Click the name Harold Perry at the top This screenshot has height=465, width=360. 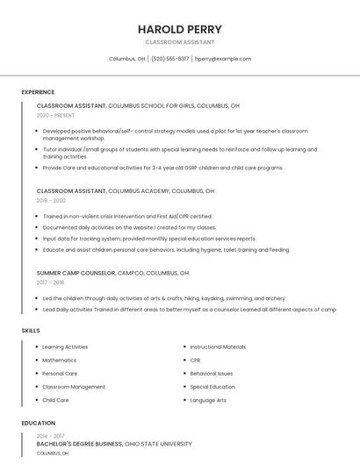tap(179, 29)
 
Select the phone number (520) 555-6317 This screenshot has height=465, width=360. tap(169, 59)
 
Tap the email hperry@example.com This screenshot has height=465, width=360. tap(223, 59)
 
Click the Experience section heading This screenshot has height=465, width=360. tap(38, 92)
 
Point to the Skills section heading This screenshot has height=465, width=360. tap(31, 330)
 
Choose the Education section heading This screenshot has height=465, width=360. tap(38, 423)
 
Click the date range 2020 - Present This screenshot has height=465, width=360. tap(55, 115)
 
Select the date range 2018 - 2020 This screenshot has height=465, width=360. tap(51, 200)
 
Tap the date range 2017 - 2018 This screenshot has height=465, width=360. tap(50, 283)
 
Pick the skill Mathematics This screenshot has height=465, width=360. tap(59, 360)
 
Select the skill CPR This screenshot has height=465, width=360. tap(195, 360)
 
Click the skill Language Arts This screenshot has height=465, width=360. tap(208, 400)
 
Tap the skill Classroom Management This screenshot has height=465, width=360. tap(74, 387)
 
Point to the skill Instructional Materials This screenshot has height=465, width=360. tap(218, 347)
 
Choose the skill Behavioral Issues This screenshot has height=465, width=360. tap(212, 374)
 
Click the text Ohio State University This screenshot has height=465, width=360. tap(159, 444)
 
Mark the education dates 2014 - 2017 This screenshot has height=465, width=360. tap(50, 436)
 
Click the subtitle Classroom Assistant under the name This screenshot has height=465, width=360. tap(179, 42)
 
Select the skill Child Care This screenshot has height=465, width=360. tap(55, 400)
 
